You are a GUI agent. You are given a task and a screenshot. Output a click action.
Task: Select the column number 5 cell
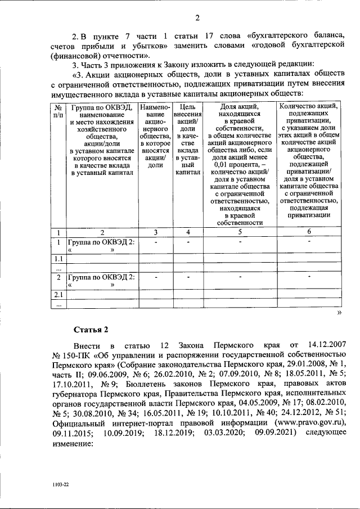click(240, 232)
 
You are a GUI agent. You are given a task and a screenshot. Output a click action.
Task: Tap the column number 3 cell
click(155, 232)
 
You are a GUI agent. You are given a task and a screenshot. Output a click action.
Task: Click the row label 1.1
click(57, 259)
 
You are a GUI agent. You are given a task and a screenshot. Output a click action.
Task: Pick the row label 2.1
click(57, 295)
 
